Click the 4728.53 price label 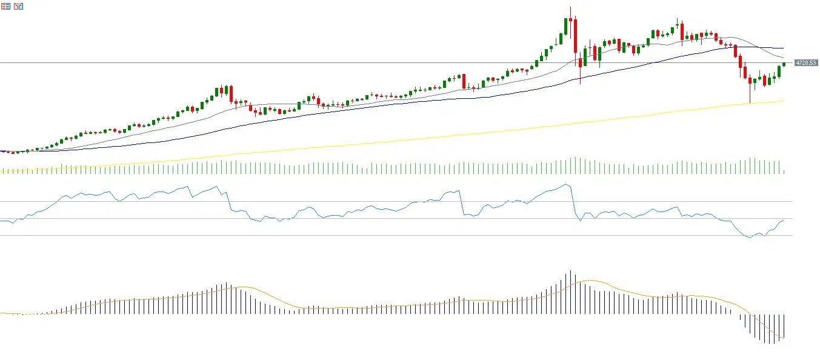pos(806,63)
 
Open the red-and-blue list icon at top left pos(5,6)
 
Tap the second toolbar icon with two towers pos(18,6)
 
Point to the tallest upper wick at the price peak pos(570,12)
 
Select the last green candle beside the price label pos(784,64)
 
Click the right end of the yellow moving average pos(784,101)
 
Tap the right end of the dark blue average pos(784,48)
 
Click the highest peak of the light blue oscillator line pos(566,184)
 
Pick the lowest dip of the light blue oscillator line pos(750,238)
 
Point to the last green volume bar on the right pos(784,172)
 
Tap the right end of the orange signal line pos(784,338)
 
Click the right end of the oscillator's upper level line pos(792,201)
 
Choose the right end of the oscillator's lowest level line pos(792,236)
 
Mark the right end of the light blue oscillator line pos(784,221)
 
